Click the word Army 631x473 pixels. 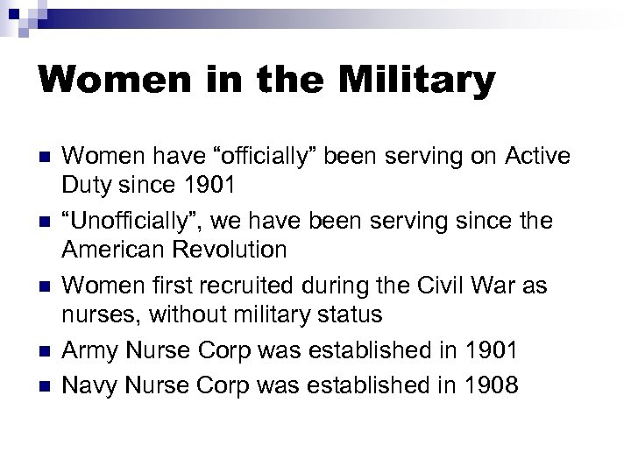point(90,350)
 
